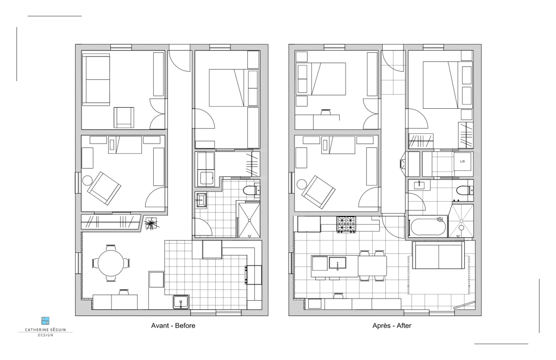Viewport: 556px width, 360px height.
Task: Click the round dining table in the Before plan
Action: (x=111, y=263)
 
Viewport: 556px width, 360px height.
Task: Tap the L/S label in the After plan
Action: (x=463, y=162)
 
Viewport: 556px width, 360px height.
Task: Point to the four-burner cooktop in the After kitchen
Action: (x=346, y=225)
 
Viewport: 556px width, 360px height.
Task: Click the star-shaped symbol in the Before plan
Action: (x=152, y=223)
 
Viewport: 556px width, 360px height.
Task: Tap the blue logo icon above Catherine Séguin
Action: (x=46, y=321)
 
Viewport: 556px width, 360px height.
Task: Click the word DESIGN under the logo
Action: (x=46, y=335)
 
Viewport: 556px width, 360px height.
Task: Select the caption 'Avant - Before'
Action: (x=173, y=326)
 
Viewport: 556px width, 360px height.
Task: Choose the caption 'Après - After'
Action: (x=392, y=326)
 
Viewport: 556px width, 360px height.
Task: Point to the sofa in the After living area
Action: (x=438, y=255)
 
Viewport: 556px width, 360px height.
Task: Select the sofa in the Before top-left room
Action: (x=96, y=79)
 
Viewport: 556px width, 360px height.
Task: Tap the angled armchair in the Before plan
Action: (x=104, y=188)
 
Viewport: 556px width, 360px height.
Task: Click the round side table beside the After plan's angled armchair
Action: (x=302, y=184)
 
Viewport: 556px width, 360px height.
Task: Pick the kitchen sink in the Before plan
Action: (x=181, y=302)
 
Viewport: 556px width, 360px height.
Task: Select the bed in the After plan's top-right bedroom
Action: (x=440, y=85)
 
